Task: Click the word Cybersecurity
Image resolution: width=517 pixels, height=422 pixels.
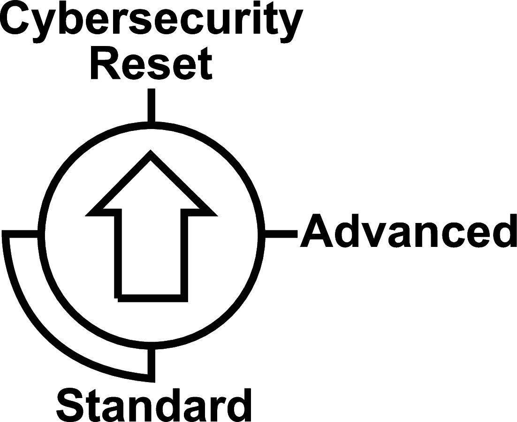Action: pos(151,21)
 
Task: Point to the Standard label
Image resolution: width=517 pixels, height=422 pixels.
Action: pos(154,405)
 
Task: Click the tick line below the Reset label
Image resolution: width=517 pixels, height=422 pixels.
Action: pos(151,105)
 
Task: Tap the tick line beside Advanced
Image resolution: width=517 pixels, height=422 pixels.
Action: pos(281,231)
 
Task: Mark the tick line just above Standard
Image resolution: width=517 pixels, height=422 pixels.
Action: pos(151,364)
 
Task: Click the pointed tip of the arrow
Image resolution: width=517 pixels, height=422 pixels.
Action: pos(151,154)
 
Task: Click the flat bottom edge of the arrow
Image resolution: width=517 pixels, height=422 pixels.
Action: pos(151,298)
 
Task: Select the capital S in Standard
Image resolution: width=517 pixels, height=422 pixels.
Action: pos(73,405)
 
